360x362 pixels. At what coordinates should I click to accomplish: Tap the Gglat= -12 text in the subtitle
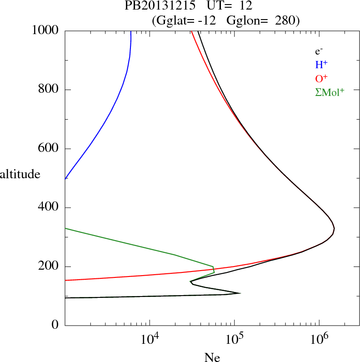point(187,20)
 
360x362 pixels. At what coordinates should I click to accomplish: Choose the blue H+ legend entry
point(321,65)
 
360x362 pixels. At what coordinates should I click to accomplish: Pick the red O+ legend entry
point(321,79)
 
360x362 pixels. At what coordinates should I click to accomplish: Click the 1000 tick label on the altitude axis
point(46,30)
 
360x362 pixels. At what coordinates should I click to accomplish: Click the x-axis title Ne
point(212,357)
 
